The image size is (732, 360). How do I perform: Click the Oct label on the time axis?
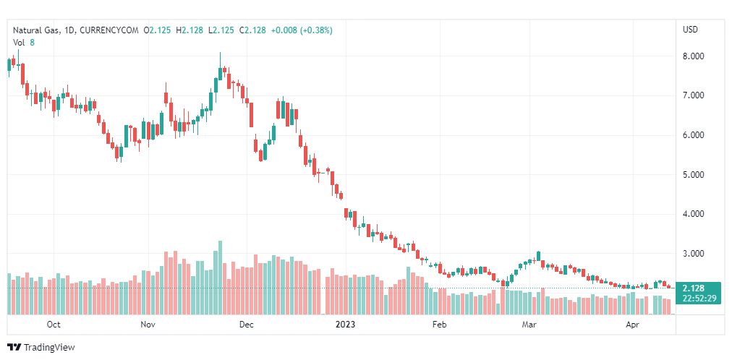tap(53, 325)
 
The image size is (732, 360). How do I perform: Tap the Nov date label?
tap(148, 325)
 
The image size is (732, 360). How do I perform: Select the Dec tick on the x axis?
tap(246, 325)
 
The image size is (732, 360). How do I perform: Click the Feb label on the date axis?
tap(439, 325)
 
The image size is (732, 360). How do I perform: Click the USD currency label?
tap(690, 30)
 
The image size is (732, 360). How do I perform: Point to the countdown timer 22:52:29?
tap(698, 299)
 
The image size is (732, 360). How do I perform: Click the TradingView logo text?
tap(49, 348)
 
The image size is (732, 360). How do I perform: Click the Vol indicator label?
tap(19, 42)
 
